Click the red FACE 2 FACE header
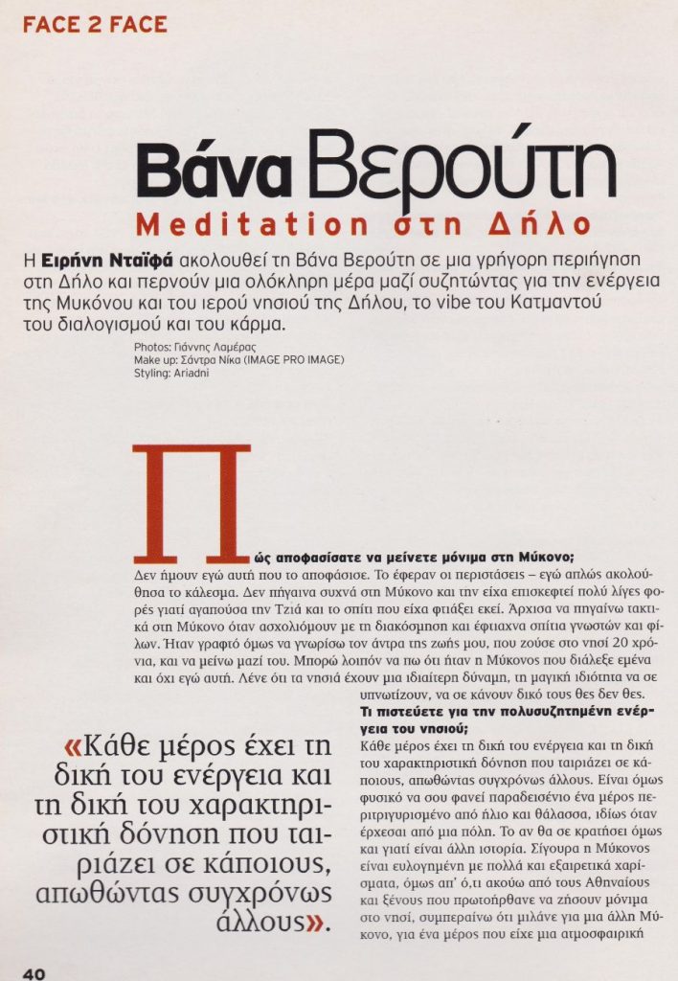(94, 22)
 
